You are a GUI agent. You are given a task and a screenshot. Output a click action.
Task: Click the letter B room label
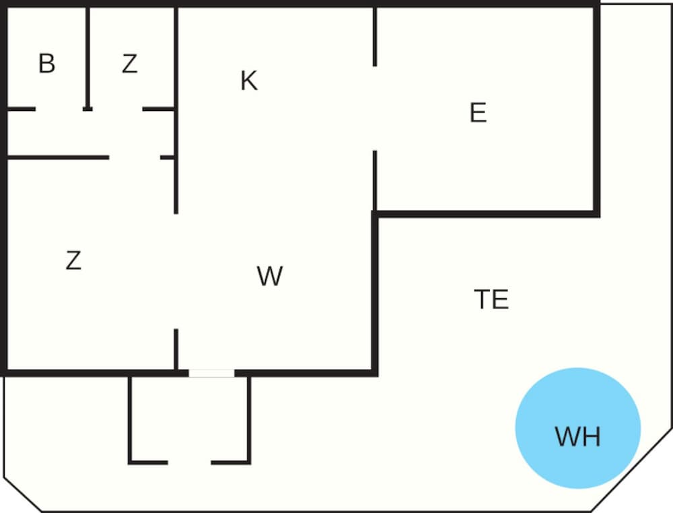pyautogui.click(x=47, y=63)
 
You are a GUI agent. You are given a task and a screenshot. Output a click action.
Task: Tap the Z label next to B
pyautogui.click(x=130, y=63)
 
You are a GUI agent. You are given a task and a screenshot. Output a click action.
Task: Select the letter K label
pyautogui.click(x=250, y=81)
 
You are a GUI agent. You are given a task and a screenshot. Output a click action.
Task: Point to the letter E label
pyautogui.click(x=479, y=112)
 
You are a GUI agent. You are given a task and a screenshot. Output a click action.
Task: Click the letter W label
pyautogui.click(x=270, y=276)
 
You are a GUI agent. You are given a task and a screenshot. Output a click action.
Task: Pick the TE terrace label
pyautogui.click(x=491, y=299)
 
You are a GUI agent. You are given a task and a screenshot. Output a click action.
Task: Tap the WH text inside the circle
pyautogui.click(x=577, y=436)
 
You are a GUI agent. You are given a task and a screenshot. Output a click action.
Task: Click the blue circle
pyautogui.click(x=577, y=428)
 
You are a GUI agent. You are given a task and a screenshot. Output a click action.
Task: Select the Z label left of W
pyautogui.click(x=73, y=261)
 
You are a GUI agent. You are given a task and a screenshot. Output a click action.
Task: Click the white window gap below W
pyautogui.click(x=211, y=373)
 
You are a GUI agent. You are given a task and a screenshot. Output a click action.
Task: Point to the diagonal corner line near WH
pyautogui.click(x=631, y=470)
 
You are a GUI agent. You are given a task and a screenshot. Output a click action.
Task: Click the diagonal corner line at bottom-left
pyautogui.click(x=23, y=494)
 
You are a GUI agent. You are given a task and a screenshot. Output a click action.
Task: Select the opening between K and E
pyautogui.click(x=375, y=108)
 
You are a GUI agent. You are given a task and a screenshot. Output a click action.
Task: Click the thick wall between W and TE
pyautogui.click(x=375, y=294)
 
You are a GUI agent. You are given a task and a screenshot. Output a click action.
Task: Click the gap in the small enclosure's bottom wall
pyautogui.click(x=189, y=463)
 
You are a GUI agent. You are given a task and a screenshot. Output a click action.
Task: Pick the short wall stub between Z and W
pyautogui.click(x=176, y=349)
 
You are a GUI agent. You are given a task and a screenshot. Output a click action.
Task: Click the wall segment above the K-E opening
pyautogui.click(x=375, y=37)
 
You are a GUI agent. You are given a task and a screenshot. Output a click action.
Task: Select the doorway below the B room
pyautogui.click(x=59, y=109)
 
